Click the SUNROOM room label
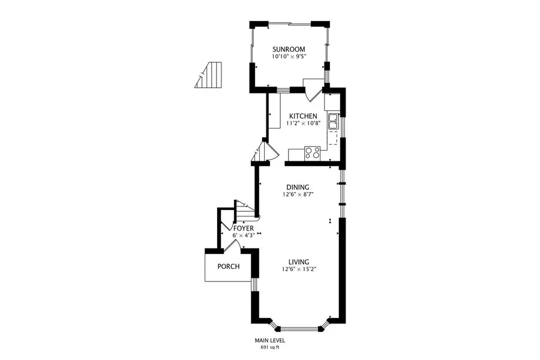click(x=289, y=49)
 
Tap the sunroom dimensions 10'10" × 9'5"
click(x=289, y=57)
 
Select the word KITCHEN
click(x=303, y=116)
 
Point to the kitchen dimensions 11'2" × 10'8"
click(x=303, y=124)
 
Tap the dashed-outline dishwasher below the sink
click(x=332, y=140)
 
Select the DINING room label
click(x=298, y=187)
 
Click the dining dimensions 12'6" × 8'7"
click(x=298, y=194)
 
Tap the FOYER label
click(x=243, y=229)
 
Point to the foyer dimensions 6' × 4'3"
click(x=243, y=236)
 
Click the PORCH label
click(x=229, y=266)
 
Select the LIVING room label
click(x=298, y=262)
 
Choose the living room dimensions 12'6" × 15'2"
click(x=298, y=269)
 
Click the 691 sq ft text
click(x=269, y=347)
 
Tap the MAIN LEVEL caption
click(x=269, y=341)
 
